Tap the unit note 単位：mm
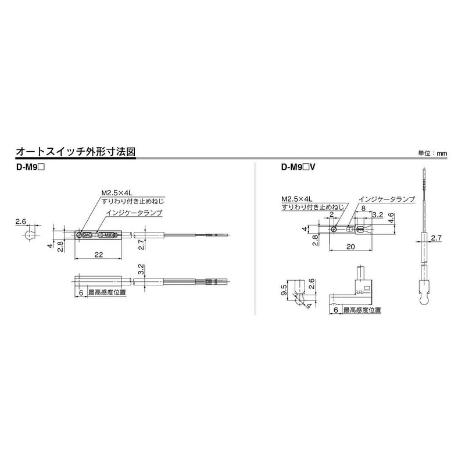(433, 153)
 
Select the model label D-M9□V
(298, 168)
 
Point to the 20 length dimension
(350, 246)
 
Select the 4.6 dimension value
(392, 218)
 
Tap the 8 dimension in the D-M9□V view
(363, 208)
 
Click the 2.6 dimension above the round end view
(21, 221)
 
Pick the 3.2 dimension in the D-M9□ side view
(141, 269)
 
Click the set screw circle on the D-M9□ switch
(79, 235)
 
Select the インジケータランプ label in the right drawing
(387, 199)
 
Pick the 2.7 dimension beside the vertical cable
(437, 238)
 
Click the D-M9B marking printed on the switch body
(106, 235)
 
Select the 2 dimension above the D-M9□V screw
(332, 214)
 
